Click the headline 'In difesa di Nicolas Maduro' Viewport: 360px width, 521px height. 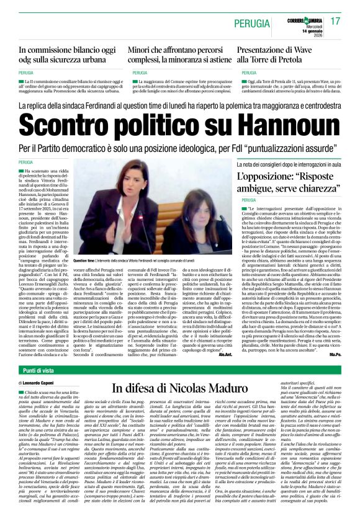click(180, 388)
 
